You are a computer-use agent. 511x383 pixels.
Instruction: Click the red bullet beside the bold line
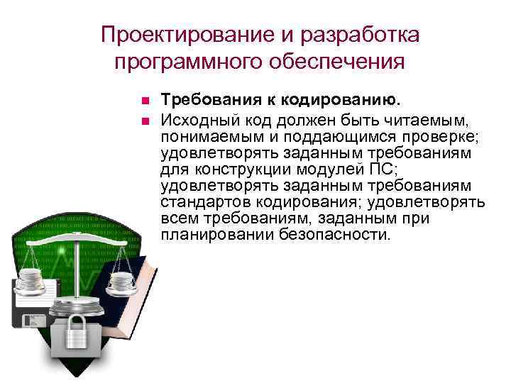click(x=143, y=99)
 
